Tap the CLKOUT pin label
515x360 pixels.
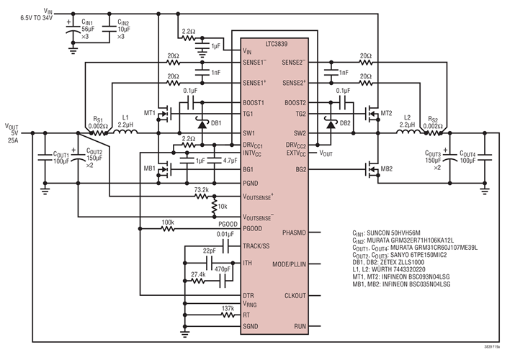[x=295, y=295]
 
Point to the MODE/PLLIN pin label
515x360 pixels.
[x=289, y=264]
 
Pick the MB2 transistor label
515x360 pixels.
[x=387, y=169]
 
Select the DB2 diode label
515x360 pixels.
[x=344, y=122]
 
